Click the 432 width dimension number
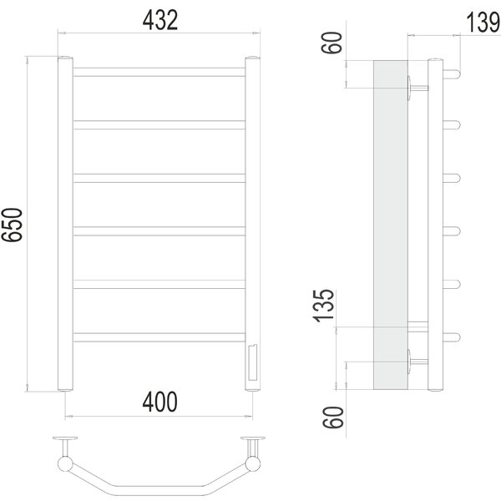click(x=159, y=20)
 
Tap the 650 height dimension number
click(x=13, y=225)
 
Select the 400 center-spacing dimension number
click(x=159, y=402)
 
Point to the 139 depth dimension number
click(x=483, y=23)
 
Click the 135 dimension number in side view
click(x=324, y=306)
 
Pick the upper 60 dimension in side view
click(x=331, y=43)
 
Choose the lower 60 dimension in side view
click(x=333, y=417)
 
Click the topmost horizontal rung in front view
click(x=159, y=72)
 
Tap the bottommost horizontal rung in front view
click(x=159, y=337)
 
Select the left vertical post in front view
click(x=65, y=224)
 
